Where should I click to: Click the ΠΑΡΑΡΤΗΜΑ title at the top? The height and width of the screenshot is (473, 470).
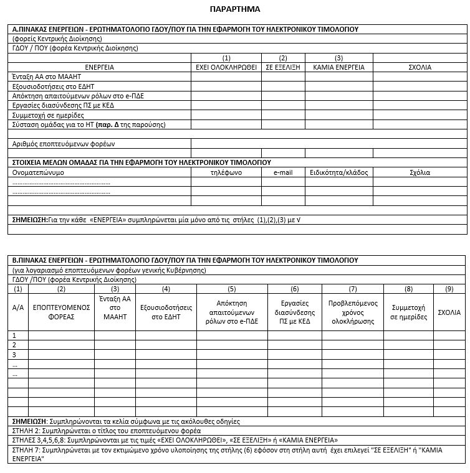click(x=236, y=9)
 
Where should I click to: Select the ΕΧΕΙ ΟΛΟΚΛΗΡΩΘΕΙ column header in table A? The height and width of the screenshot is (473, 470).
click(x=226, y=67)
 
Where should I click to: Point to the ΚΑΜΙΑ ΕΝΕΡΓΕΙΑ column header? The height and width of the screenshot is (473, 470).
click(x=338, y=67)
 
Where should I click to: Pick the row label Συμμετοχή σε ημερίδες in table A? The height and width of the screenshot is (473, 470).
click(x=48, y=115)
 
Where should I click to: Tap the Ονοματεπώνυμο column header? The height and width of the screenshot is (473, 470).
click(x=38, y=172)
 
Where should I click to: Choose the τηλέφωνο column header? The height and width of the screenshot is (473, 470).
click(x=226, y=172)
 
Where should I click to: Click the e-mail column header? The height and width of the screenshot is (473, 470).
click(x=283, y=172)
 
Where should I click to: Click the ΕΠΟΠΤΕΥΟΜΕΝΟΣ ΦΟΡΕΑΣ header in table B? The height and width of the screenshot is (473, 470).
click(x=61, y=312)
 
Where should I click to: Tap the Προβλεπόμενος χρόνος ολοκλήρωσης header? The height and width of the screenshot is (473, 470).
click(x=352, y=312)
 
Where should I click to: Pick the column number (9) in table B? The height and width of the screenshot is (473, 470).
click(x=449, y=289)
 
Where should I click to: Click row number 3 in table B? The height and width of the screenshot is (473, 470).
click(x=14, y=355)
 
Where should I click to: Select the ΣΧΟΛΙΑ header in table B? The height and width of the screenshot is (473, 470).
click(x=449, y=312)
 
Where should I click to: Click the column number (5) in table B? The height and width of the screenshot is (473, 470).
click(x=232, y=289)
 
